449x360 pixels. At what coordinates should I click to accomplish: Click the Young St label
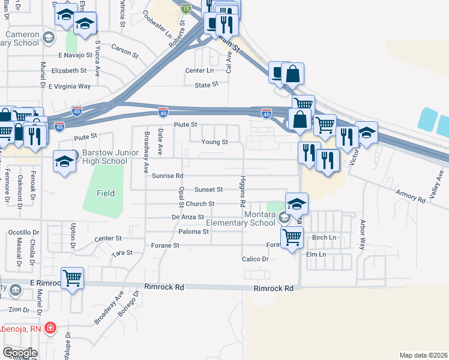coord(214,142)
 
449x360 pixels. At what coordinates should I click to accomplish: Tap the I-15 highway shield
coord(187,8)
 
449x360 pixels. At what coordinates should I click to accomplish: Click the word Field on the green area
coord(106,193)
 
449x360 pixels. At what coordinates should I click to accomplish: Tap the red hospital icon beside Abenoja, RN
coord(50,327)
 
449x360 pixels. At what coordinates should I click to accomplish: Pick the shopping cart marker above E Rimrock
coord(73,278)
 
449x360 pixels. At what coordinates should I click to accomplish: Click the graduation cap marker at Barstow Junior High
coord(64,161)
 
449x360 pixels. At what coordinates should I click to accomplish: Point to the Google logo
coord(20,353)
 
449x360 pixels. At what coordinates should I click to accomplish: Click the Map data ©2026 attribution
coord(423,355)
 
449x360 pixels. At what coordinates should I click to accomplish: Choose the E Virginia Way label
coord(70,86)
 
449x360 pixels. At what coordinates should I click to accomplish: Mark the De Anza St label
coord(188,217)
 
